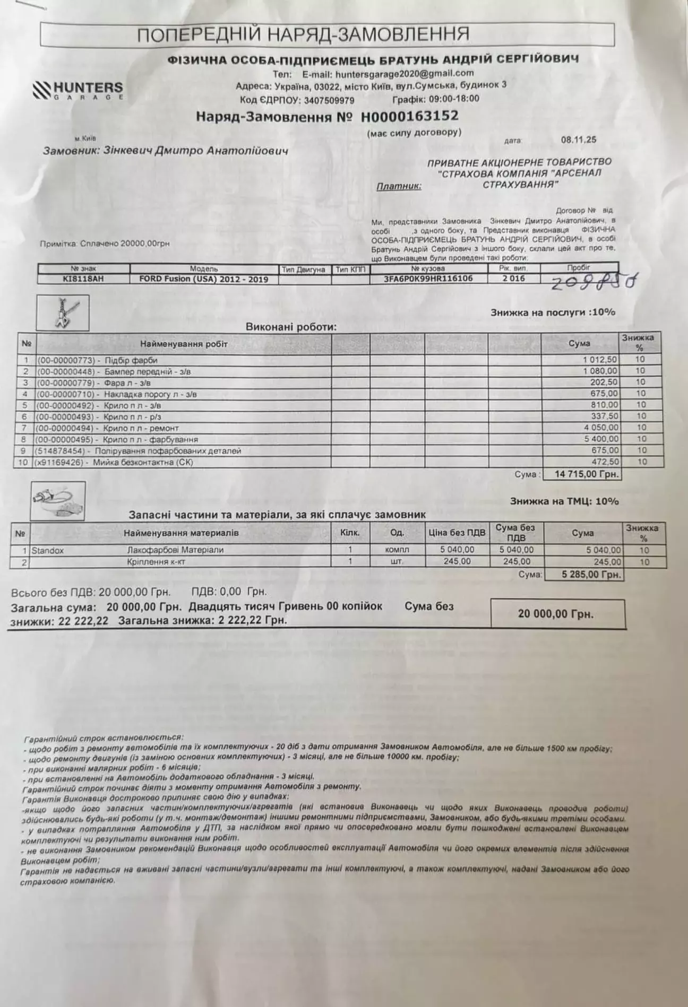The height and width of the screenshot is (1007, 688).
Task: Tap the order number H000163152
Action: click(x=409, y=116)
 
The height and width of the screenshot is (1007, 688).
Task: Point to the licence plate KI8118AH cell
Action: click(x=83, y=279)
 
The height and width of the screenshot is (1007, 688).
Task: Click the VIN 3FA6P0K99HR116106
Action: click(x=428, y=279)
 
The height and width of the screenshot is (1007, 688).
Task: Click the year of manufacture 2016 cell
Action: click(x=513, y=279)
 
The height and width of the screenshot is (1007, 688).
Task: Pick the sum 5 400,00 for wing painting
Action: click(x=600, y=439)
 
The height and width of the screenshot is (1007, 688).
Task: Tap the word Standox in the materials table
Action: click(x=48, y=551)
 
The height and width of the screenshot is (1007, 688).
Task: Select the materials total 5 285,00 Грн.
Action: click(x=584, y=575)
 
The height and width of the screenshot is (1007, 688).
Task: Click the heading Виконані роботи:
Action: click(x=291, y=327)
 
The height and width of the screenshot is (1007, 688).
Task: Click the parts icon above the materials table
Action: click(x=58, y=501)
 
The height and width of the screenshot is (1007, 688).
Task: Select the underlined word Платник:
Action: click(x=399, y=186)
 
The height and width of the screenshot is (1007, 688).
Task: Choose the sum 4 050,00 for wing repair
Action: click(x=600, y=428)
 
